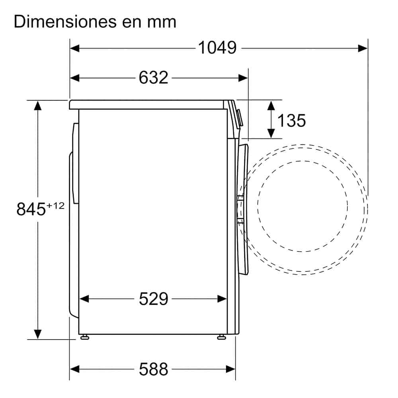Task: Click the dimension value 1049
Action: coord(217,48)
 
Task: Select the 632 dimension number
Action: coord(153,78)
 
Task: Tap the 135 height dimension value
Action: coord(291,120)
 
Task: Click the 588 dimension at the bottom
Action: coord(153,369)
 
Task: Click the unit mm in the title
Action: coord(161,23)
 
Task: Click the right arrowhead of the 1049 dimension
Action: coord(363,48)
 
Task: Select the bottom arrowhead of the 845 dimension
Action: coord(38,334)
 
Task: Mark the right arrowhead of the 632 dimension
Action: coord(243,78)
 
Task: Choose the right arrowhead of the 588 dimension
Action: coord(231,369)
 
